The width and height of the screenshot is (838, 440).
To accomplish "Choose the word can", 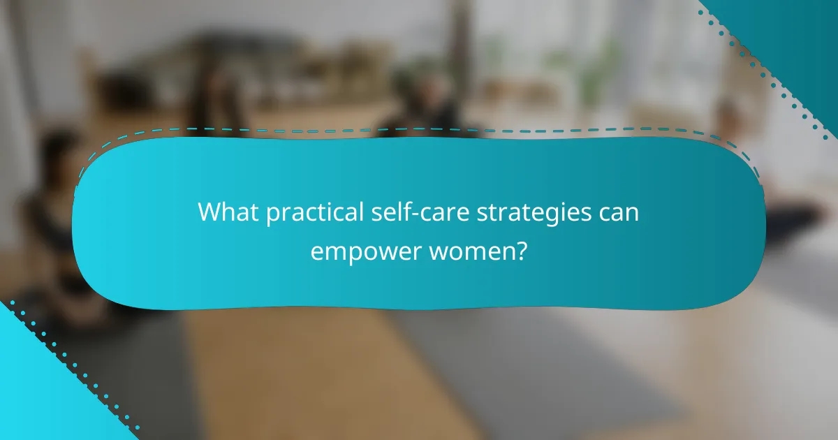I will click(617, 212).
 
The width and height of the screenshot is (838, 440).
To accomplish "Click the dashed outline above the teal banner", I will click(419, 129).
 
